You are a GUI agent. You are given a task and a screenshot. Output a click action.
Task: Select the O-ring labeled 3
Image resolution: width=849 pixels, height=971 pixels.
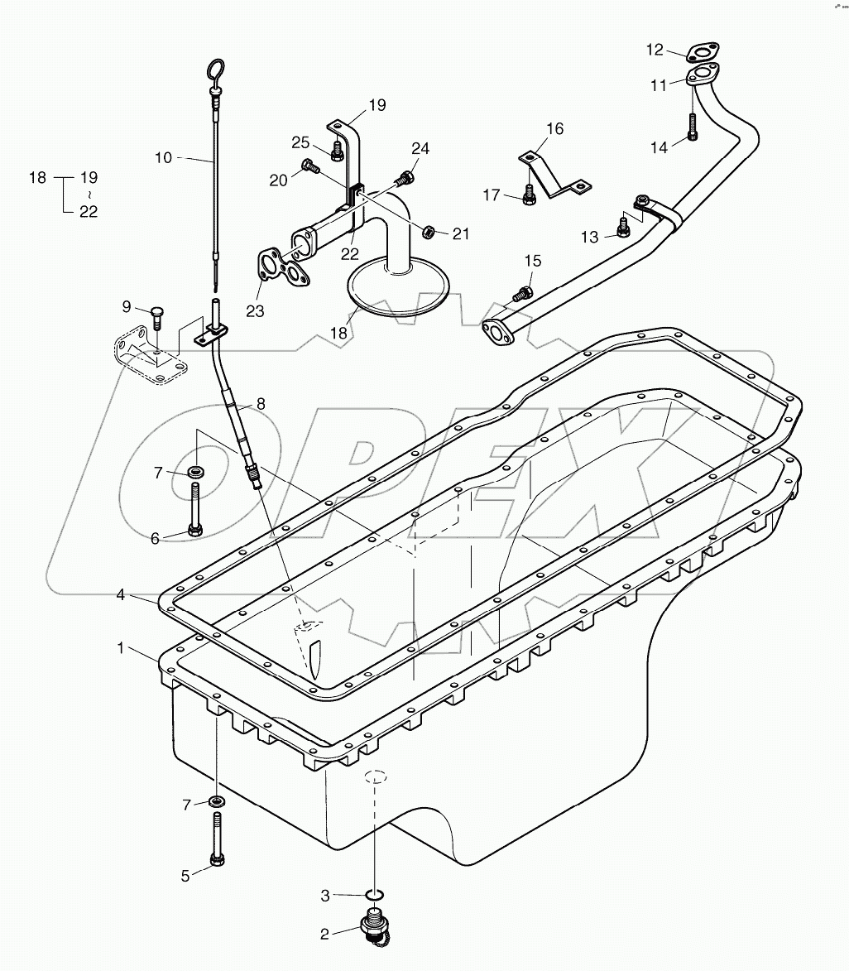click(375, 894)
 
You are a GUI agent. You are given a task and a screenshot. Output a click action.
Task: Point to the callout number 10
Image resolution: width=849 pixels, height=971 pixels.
click(164, 156)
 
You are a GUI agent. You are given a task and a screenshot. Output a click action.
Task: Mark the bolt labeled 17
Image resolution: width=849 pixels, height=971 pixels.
click(530, 195)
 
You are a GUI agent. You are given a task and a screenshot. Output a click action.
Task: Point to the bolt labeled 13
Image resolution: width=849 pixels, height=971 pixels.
click(623, 226)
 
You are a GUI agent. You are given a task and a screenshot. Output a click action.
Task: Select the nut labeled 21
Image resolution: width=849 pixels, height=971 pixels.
click(429, 231)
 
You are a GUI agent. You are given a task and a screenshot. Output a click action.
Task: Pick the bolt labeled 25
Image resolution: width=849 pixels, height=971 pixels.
click(337, 151)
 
